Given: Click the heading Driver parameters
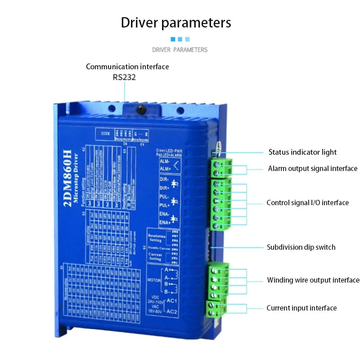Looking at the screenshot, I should click(x=176, y=22).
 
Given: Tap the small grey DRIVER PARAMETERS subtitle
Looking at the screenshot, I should click(x=180, y=50).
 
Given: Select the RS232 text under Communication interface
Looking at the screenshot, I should click(x=124, y=77).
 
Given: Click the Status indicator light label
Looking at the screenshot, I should click(x=302, y=152).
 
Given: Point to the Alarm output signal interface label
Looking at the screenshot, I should click(x=312, y=169).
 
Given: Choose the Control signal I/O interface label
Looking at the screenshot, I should click(x=308, y=203).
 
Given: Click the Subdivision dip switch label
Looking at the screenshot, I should click(x=301, y=247).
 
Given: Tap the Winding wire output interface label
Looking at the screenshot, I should click(x=313, y=280).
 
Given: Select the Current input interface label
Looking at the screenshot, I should click(x=301, y=308).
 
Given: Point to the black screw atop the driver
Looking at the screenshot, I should click(x=141, y=109).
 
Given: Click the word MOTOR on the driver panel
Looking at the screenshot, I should click(x=154, y=279).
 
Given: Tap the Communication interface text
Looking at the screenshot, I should click(x=127, y=67).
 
